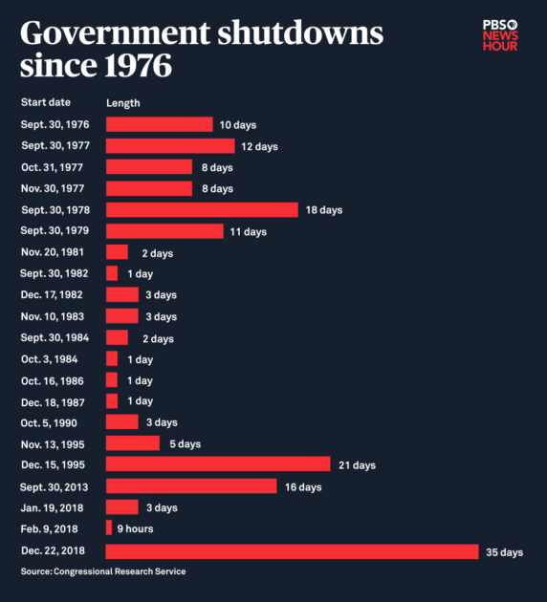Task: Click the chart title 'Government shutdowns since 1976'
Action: click(201, 50)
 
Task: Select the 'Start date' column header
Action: click(45, 101)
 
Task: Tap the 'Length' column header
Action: click(122, 101)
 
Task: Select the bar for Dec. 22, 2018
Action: click(292, 551)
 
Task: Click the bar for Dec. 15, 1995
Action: click(218, 464)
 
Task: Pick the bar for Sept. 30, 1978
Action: click(202, 209)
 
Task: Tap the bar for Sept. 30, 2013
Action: click(191, 486)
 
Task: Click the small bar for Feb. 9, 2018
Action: click(109, 528)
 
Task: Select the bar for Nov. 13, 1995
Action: click(133, 443)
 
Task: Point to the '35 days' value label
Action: click(505, 552)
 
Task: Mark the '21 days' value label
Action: click(357, 465)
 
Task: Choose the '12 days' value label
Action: click(259, 146)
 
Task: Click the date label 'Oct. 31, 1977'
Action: click(50, 167)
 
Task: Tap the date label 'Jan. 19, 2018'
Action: click(50, 507)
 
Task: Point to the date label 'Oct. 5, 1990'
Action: click(48, 422)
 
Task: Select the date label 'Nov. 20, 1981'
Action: click(51, 252)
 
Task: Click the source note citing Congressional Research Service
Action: click(103, 571)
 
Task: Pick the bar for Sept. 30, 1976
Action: click(159, 124)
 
